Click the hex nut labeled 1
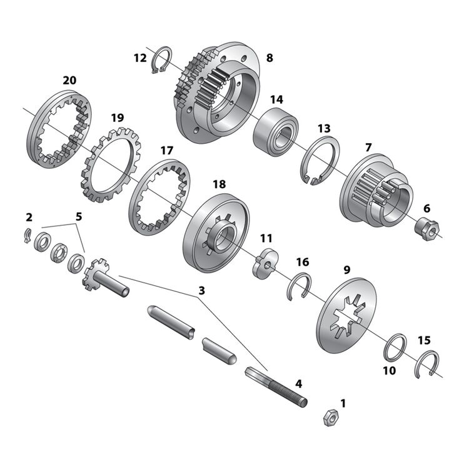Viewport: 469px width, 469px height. (330, 416)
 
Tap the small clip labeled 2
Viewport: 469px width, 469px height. (28, 234)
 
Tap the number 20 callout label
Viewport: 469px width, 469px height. (69, 80)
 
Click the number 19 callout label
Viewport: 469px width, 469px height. (117, 118)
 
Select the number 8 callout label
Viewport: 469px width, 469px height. (270, 58)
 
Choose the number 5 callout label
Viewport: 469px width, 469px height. (78, 216)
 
